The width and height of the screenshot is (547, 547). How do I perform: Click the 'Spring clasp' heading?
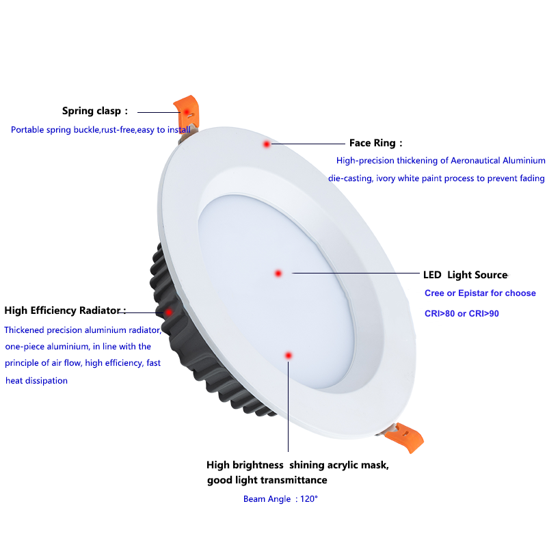pyautogui.click(x=92, y=111)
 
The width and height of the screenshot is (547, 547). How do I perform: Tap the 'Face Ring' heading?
pyautogui.click(x=372, y=143)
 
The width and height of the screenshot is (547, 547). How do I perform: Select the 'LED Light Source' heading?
pyautogui.click(x=465, y=275)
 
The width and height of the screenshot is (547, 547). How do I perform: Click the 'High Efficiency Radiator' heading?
pyautogui.click(x=62, y=310)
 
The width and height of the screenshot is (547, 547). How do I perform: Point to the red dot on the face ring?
pyautogui.click(x=267, y=144)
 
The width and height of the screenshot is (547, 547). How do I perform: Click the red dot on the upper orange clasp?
pyautogui.click(x=187, y=112)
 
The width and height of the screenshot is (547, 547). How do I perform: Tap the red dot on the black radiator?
pyautogui.click(x=168, y=312)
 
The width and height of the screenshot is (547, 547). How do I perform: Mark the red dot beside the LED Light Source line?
pyautogui.click(x=278, y=273)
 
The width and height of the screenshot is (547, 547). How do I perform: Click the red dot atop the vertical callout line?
pyautogui.click(x=288, y=356)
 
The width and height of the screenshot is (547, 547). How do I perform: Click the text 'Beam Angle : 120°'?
pyautogui.click(x=280, y=499)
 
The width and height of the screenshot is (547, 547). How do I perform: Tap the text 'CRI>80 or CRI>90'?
pyautogui.click(x=462, y=314)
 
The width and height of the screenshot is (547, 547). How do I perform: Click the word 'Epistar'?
pyautogui.click(x=473, y=293)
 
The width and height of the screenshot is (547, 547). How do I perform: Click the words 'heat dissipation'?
pyautogui.click(x=36, y=381)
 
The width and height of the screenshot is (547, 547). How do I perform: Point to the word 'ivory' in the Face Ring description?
pyautogui.click(x=386, y=178)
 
